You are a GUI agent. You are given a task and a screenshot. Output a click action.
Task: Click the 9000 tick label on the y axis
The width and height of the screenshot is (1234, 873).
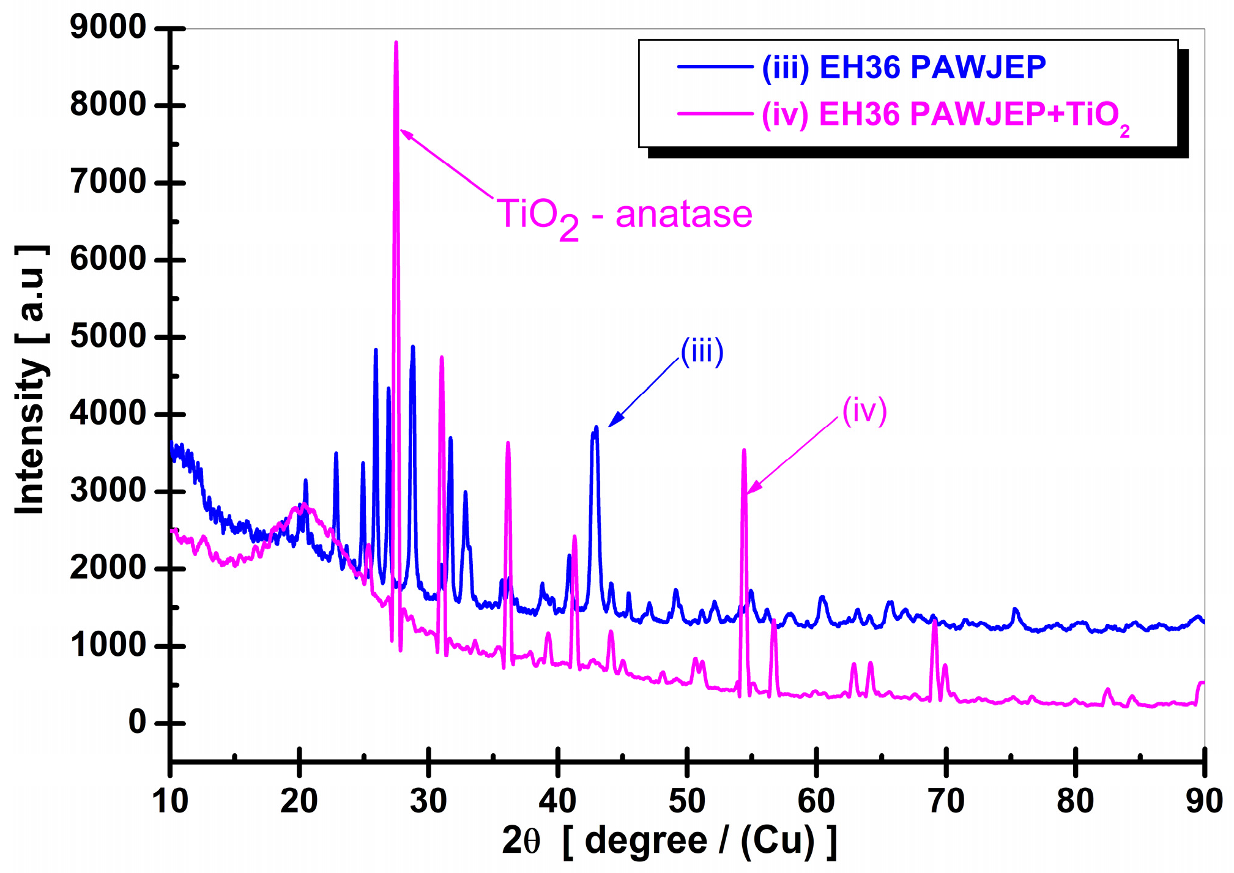click(108, 28)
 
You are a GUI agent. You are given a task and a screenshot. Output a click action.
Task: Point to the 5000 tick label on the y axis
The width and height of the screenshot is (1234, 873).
click(108, 336)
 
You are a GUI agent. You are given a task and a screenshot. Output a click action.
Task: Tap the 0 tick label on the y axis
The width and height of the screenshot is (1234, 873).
click(137, 723)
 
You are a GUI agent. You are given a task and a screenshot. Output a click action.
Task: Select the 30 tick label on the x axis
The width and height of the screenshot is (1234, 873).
click(428, 801)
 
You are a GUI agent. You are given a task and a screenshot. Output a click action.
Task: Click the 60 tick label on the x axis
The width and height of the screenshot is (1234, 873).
click(816, 801)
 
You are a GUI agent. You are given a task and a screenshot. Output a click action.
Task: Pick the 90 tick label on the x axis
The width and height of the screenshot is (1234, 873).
click(1203, 801)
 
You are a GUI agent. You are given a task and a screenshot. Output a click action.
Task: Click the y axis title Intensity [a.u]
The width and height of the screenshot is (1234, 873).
click(31, 379)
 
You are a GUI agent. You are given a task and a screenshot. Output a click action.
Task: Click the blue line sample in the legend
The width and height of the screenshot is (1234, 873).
click(715, 66)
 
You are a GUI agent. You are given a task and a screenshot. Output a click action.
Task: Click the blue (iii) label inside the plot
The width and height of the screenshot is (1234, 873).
click(702, 352)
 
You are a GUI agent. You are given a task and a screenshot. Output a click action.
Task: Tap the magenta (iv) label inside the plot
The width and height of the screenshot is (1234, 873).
click(864, 410)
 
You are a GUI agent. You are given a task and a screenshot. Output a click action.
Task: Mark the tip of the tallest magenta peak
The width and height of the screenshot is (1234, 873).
click(396, 43)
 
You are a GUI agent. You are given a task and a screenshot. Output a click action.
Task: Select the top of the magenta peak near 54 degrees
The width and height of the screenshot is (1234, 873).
click(744, 450)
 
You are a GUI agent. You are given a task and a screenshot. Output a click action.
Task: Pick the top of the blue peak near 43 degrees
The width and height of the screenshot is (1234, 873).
click(596, 428)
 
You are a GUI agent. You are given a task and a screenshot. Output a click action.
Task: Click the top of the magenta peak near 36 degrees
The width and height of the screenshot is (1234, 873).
click(508, 443)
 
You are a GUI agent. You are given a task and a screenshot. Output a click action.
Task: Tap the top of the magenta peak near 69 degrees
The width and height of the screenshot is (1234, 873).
click(934, 622)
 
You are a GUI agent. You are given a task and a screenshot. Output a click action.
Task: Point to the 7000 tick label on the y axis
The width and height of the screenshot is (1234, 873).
click(108, 182)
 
